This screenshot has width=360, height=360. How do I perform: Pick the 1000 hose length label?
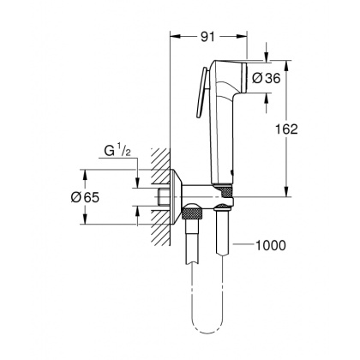coord(271,247)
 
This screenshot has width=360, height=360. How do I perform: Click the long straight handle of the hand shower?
coord(223,137)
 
